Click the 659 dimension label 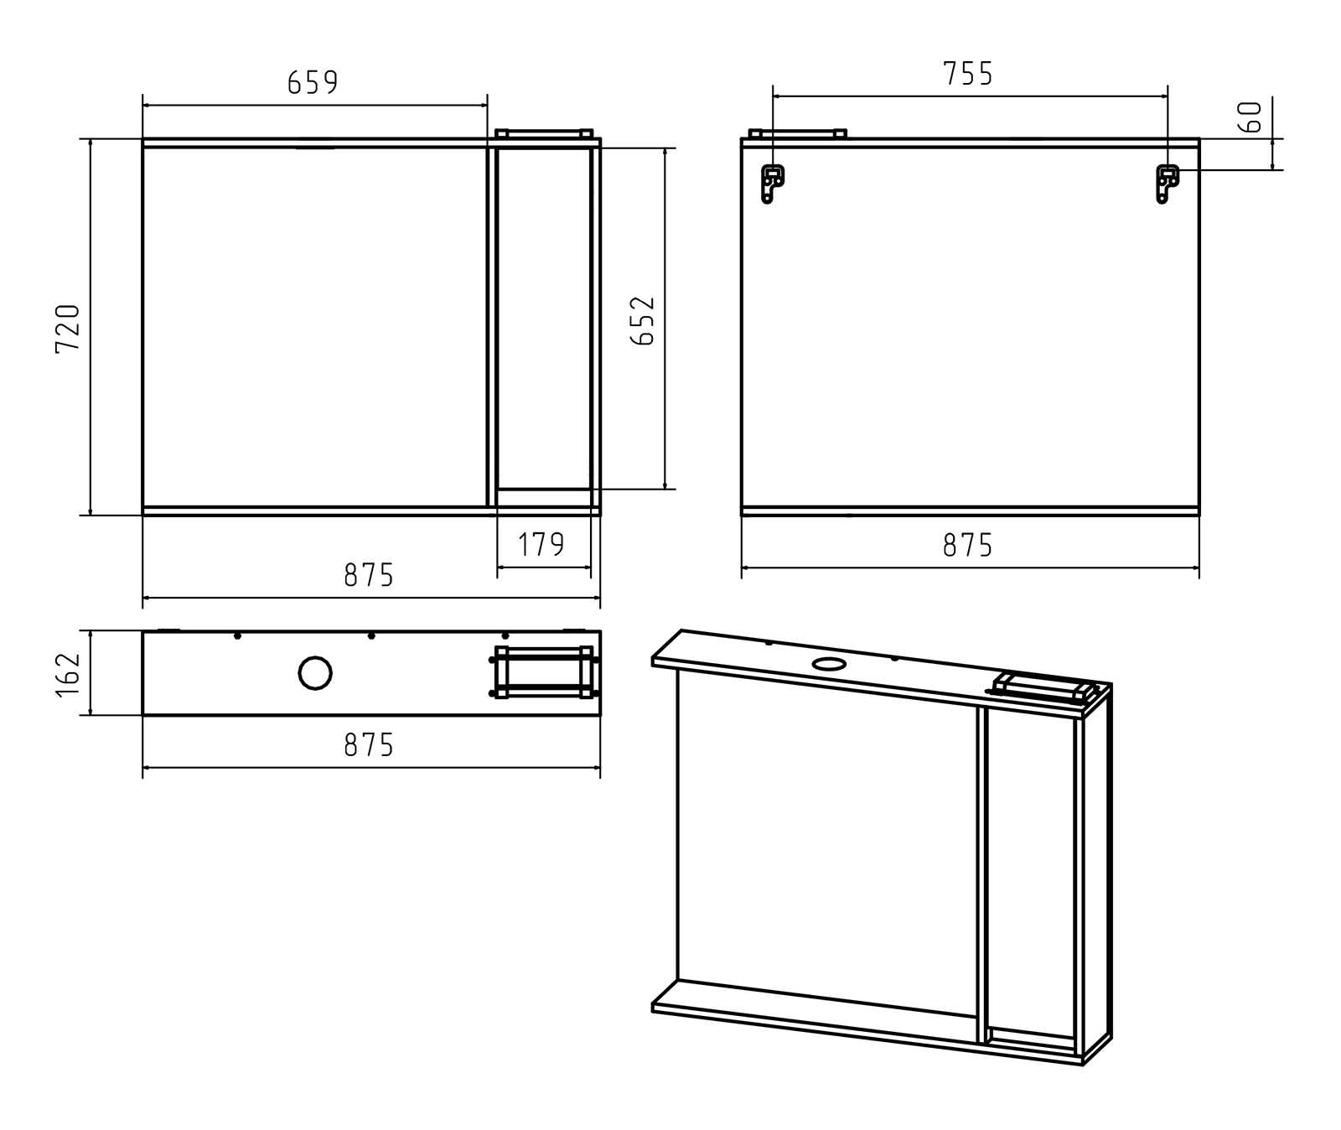pyautogui.click(x=313, y=82)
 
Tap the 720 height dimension pyautogui.click(x=68, y=328)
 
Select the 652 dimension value pyautogui.click(x=643, y=320)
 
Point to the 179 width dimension pyautogui.click(x=541, y=545)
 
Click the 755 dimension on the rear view pyautogui.click(x=968, y=74)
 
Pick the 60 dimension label pyautogui.click(x=1250, y=117)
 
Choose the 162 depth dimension pyautogui.click(x=68, y=673)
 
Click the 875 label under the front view pyautogui.click(x=369, y=575)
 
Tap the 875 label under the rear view pyautogui.click(x=968, y=546)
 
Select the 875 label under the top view pyautogui.click(x=369, y=744)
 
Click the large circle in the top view pyautogui.click(x=315, y=673)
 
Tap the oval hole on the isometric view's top pyautogui.click(x=830, y=664)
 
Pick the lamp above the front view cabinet pyautogui.click(x=544, y=133)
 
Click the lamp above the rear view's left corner pyautogui.click(x=797, y=133)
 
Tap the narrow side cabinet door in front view pyautogui.click(x=544, y=319)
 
